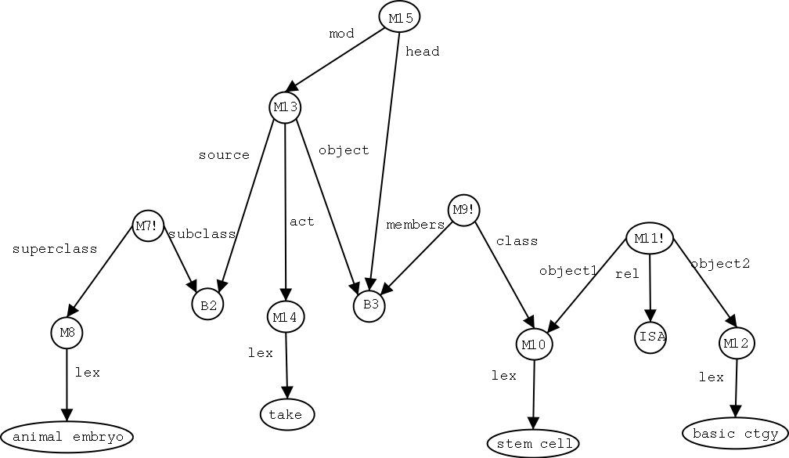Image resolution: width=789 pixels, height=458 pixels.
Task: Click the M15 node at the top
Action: click(400, 17)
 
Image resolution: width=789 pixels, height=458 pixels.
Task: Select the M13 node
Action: click(285, 107)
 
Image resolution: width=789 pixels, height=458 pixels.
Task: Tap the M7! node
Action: click(147, 226)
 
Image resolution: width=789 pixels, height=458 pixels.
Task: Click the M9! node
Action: click(463, 210)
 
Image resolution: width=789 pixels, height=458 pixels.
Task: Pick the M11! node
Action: click(650, 239)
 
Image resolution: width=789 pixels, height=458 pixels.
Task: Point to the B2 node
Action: click(207, 305)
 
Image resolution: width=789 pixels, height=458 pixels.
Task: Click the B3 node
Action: click(369, 305)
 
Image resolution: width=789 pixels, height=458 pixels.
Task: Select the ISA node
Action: click(650, 337)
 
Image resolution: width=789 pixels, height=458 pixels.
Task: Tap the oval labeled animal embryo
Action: click(67, 436)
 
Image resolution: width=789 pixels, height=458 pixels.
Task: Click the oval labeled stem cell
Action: click(533, 444)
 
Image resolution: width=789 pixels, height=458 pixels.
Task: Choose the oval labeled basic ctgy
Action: click(735, 433)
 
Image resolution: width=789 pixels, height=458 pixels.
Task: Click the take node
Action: click(286, 414)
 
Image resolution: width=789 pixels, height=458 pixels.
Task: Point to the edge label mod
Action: click(341, 34)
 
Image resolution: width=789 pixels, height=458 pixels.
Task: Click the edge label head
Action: click(423, 52)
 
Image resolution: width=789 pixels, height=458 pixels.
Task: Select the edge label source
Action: click(224, 155)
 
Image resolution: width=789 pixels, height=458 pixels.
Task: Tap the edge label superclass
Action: click(55, 249)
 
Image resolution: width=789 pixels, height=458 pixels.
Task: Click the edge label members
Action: click(415, 225)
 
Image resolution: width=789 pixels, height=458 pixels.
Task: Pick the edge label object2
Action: click(720, 264)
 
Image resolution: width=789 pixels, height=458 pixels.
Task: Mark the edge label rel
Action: click(628, 274)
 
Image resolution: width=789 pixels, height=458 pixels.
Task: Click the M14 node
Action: click(286, 317)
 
